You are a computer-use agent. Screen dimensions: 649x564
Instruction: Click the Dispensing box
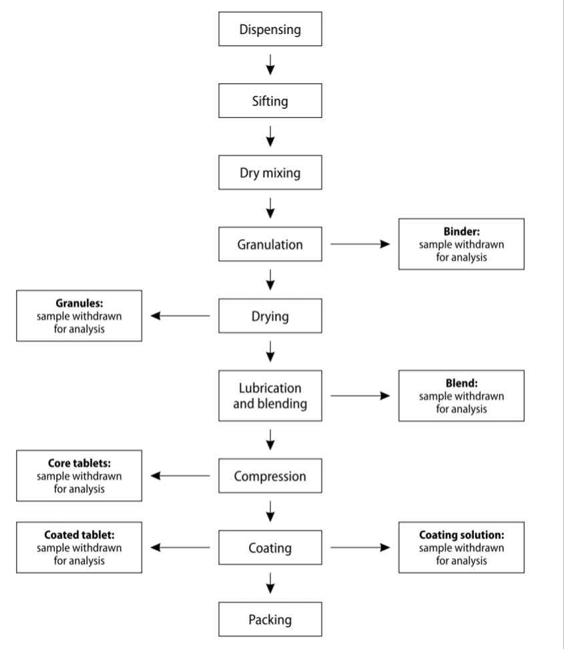(x=270, y=29)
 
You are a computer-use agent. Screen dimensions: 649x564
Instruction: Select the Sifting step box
(x=270, y=101)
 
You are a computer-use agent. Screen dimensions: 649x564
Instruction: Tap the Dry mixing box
(x=270, y=173)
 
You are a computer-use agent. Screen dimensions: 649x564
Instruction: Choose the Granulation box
(x=270, y=244)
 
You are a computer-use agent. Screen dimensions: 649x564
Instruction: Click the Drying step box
(x=270, y=315)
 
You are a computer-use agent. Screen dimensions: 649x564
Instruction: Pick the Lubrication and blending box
(x=270, y=395)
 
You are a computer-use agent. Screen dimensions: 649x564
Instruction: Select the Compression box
(x=270, y=476)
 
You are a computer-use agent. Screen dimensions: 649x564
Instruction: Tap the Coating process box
(x=270, y=548)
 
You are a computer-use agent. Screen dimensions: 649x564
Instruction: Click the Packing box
(x=270, y=620)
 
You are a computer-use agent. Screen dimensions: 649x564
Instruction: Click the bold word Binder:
(x=461, y=233)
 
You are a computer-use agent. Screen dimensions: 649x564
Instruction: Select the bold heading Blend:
(x=461, y=384)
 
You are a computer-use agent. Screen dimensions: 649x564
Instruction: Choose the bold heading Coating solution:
(x=461, y=536)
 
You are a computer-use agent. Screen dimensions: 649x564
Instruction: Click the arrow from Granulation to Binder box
(x=360, y=244)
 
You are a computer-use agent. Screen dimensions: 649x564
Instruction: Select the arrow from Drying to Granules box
(x=181, y=316)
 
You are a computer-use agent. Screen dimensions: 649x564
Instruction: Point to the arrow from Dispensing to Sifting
(x=270, y=65)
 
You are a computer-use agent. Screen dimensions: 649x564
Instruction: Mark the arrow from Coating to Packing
(x=270, y=584)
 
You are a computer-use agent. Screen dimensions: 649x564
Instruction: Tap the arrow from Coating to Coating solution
(x=360, y=548)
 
